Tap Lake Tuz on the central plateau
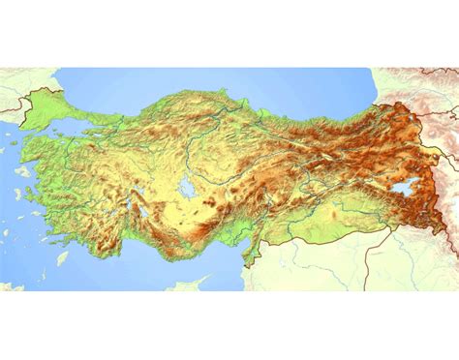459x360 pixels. [185, 186]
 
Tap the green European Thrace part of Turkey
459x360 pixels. [53, 104]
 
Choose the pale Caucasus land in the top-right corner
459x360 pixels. [426, 82]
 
